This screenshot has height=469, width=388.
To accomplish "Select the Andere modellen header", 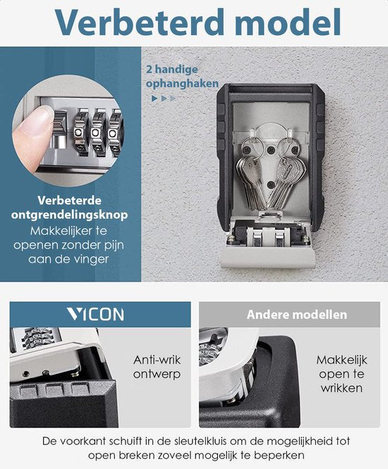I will pos(296,315).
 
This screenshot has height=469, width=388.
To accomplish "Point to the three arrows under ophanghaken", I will pos(163,99).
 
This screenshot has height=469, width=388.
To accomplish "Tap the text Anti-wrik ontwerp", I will pos(157,365).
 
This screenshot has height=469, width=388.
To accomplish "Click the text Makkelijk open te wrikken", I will pos(341,373).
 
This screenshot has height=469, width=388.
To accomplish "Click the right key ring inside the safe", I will pos(286,148).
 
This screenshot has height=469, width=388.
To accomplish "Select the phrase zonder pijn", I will pos(92,245).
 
